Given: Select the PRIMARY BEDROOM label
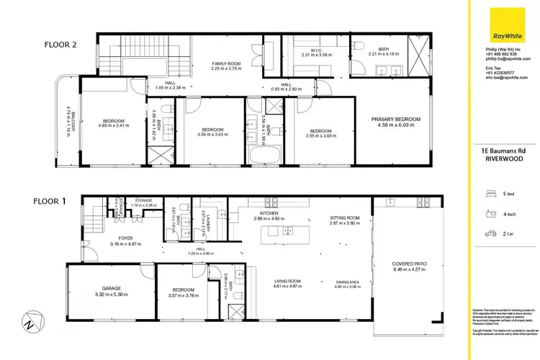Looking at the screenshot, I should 395,119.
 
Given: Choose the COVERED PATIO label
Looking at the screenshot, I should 410,264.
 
